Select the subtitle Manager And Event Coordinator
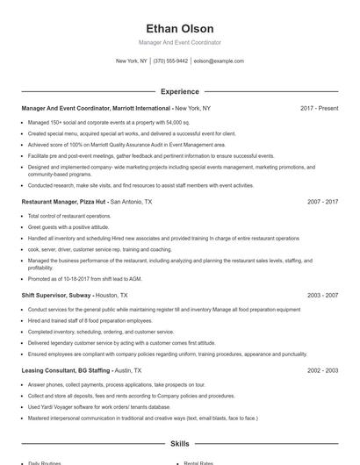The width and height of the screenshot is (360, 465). (x=180, y=42)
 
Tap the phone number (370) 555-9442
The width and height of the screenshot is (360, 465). (x=170, y=61)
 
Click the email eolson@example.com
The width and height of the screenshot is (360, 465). (x=219, y=61)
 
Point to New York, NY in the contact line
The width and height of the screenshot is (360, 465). (x=132, y=61)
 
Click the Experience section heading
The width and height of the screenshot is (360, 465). (x=180, y=91)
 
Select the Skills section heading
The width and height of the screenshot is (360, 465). (x=180, y=444)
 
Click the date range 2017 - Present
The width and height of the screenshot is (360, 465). (x=319, y=108)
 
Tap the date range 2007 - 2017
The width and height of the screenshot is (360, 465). (x=322, y=202)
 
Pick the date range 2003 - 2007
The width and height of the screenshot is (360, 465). (x=322, y=296)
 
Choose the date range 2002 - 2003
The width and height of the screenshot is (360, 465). (x=322, y=370)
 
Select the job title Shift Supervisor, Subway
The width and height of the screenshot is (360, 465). (x=56, y=296)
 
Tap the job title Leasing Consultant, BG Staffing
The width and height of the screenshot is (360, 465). (x=66, y=370)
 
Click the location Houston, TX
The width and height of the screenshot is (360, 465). (x=112, y=296)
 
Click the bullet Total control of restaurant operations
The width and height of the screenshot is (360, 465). (x=69, y=216)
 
